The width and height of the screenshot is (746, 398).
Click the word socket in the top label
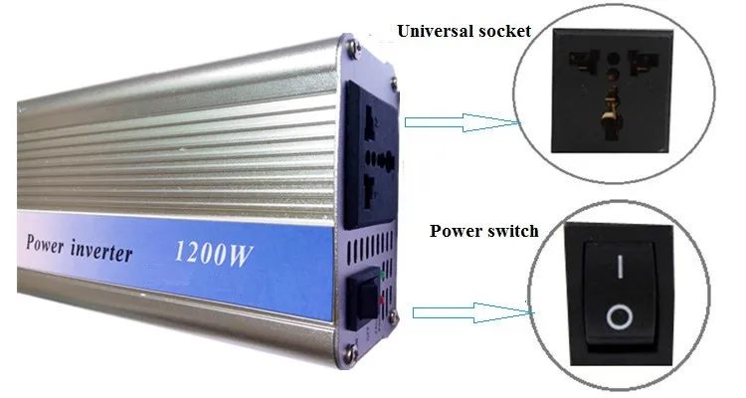503,32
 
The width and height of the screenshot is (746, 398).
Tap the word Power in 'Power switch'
456,231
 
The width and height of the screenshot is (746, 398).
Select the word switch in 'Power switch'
511,231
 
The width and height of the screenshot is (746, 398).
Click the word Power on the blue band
46,244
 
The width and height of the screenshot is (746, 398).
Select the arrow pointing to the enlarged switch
467,312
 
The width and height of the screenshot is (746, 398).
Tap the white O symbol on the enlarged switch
619,316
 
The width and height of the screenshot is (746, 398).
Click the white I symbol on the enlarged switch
619,265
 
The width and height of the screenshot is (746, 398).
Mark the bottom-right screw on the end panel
395,316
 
